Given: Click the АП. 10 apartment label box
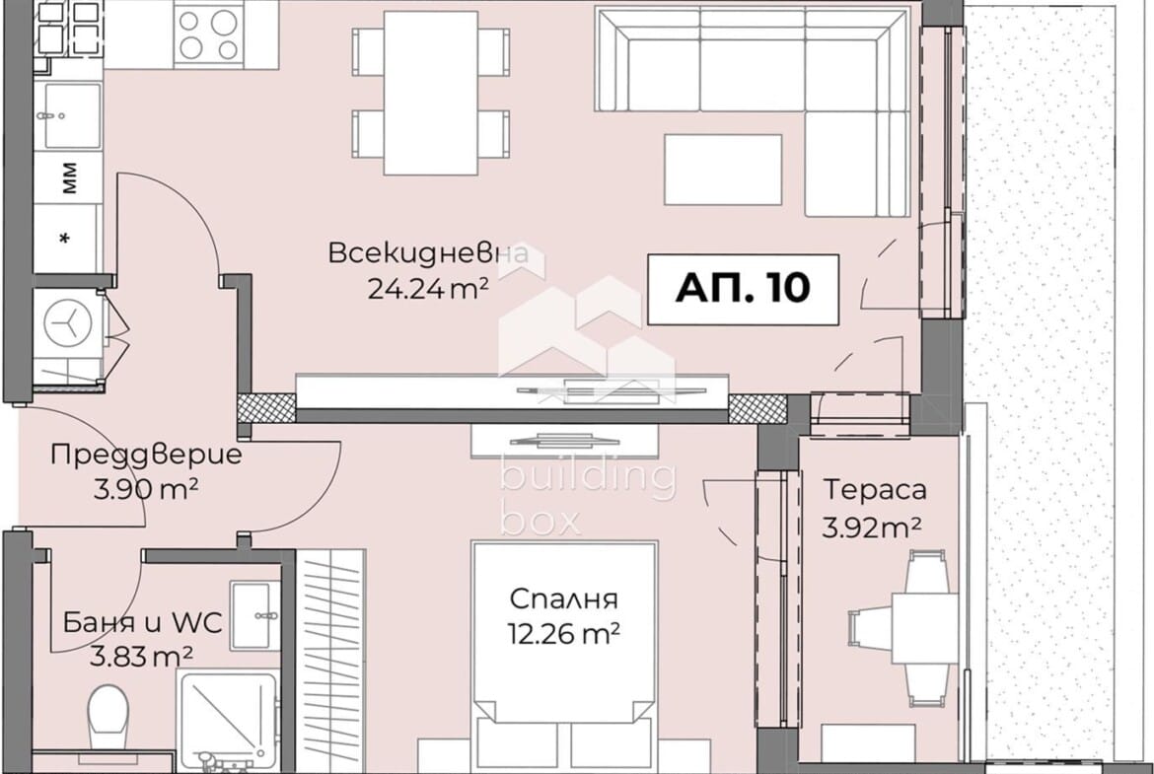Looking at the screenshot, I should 742,288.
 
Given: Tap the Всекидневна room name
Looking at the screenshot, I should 428,253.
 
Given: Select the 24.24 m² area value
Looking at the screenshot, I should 428,288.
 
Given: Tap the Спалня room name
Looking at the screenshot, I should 563,598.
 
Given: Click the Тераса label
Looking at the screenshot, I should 875,490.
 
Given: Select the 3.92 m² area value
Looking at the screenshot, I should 872,527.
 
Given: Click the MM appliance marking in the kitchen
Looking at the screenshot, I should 69,179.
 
